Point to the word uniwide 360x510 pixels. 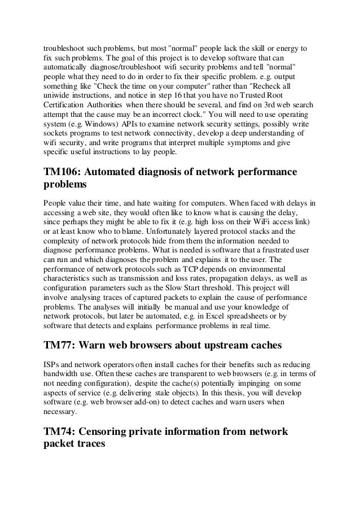click(x=56, y=95)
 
